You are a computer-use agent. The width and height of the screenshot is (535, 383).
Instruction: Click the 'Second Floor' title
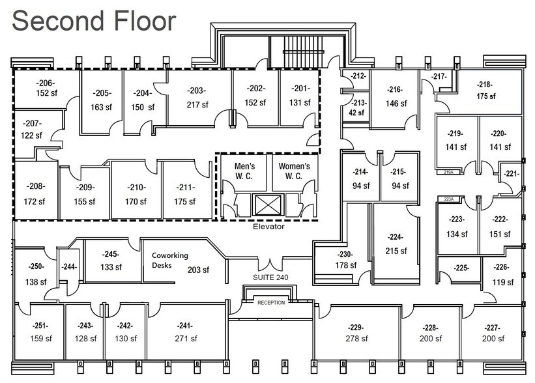(94, 21)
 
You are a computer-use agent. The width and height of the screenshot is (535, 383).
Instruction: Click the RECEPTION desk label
(271, 303)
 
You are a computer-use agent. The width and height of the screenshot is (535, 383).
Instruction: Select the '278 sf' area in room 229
(356, 339)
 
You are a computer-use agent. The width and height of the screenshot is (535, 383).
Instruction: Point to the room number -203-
(196, 91)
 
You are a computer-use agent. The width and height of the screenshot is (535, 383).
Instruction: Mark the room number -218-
(485, 85)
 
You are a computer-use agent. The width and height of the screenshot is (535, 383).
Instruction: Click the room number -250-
(36, 268)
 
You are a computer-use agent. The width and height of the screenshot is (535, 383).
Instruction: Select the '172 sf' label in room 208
(35, 201)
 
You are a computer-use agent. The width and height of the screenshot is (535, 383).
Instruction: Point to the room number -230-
(345, 254)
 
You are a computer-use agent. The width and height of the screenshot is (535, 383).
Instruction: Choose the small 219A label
(448, 172)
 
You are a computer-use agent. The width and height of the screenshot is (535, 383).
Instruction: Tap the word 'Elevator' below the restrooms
(268, 227)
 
